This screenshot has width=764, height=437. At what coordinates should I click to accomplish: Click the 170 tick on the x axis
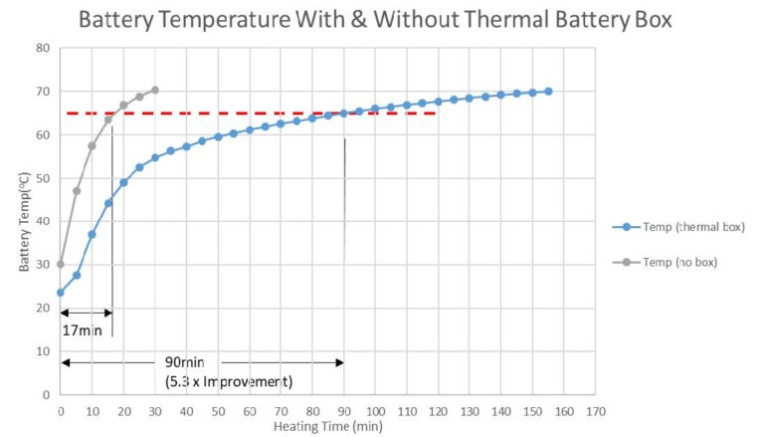click(594, 411)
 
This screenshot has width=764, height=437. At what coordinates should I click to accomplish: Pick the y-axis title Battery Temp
click(23, 221)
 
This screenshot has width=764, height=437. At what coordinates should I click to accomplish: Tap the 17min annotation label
click(83, 330)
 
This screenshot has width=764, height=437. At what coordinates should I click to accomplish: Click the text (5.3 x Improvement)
click(230, 380)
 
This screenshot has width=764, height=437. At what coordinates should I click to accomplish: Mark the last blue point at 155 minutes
click(548, 91)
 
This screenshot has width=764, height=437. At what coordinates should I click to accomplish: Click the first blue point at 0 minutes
click(61, 292)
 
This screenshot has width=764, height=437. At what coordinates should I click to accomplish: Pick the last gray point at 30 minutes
click(154, 90)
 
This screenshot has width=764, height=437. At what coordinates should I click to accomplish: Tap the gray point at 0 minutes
click(61, 264)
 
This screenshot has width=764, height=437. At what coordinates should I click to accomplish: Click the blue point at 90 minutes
click(344, 113)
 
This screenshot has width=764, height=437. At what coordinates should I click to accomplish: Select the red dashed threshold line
click(249, 112)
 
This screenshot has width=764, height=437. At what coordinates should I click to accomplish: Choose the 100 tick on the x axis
click(375, 411)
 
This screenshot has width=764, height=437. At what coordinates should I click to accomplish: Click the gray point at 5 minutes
click(77, 191)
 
